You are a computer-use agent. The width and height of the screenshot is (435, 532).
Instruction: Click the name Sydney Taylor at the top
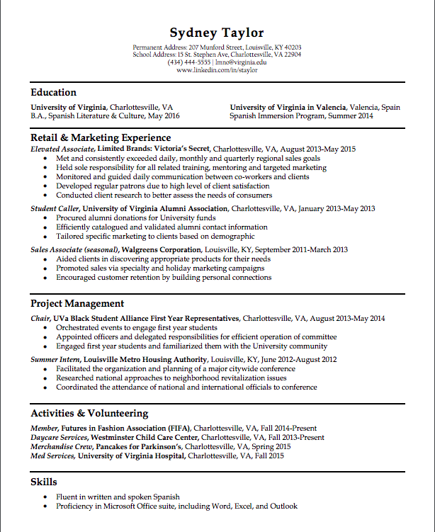pos(217,33)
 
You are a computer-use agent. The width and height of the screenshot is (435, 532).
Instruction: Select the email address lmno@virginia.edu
pos(240,62)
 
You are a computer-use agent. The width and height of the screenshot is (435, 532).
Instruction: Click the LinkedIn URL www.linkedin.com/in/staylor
pos(217,70)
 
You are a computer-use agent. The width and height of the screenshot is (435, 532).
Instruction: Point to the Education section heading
pos(53,92)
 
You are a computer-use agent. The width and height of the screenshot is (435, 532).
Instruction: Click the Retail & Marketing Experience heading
pos(101,137)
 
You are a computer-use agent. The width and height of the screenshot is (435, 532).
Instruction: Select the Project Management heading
pos(77,304)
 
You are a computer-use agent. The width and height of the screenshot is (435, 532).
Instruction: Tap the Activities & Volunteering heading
pos(89,413)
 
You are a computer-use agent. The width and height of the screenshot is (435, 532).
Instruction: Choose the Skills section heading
pos(43,482)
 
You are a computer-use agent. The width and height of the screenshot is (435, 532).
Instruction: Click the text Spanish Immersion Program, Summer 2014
pos(301,115)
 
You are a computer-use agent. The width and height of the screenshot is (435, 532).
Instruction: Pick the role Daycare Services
pos(59,438)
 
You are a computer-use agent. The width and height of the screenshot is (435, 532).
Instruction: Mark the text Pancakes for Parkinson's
pos(139,447)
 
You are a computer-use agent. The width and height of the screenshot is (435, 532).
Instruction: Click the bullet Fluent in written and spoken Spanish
pos(118,497)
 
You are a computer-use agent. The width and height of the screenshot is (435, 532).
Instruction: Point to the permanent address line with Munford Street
pos(217,47)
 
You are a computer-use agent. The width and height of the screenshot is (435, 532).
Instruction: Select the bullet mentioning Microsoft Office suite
pos(176,506)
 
